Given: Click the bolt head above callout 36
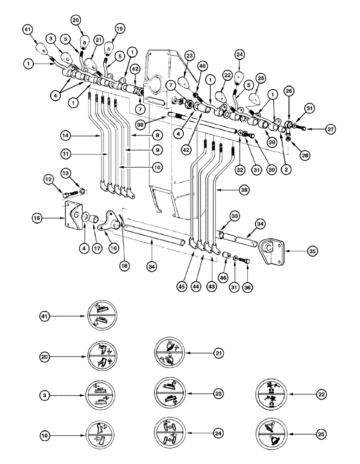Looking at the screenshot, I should click(x=247, y=261).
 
